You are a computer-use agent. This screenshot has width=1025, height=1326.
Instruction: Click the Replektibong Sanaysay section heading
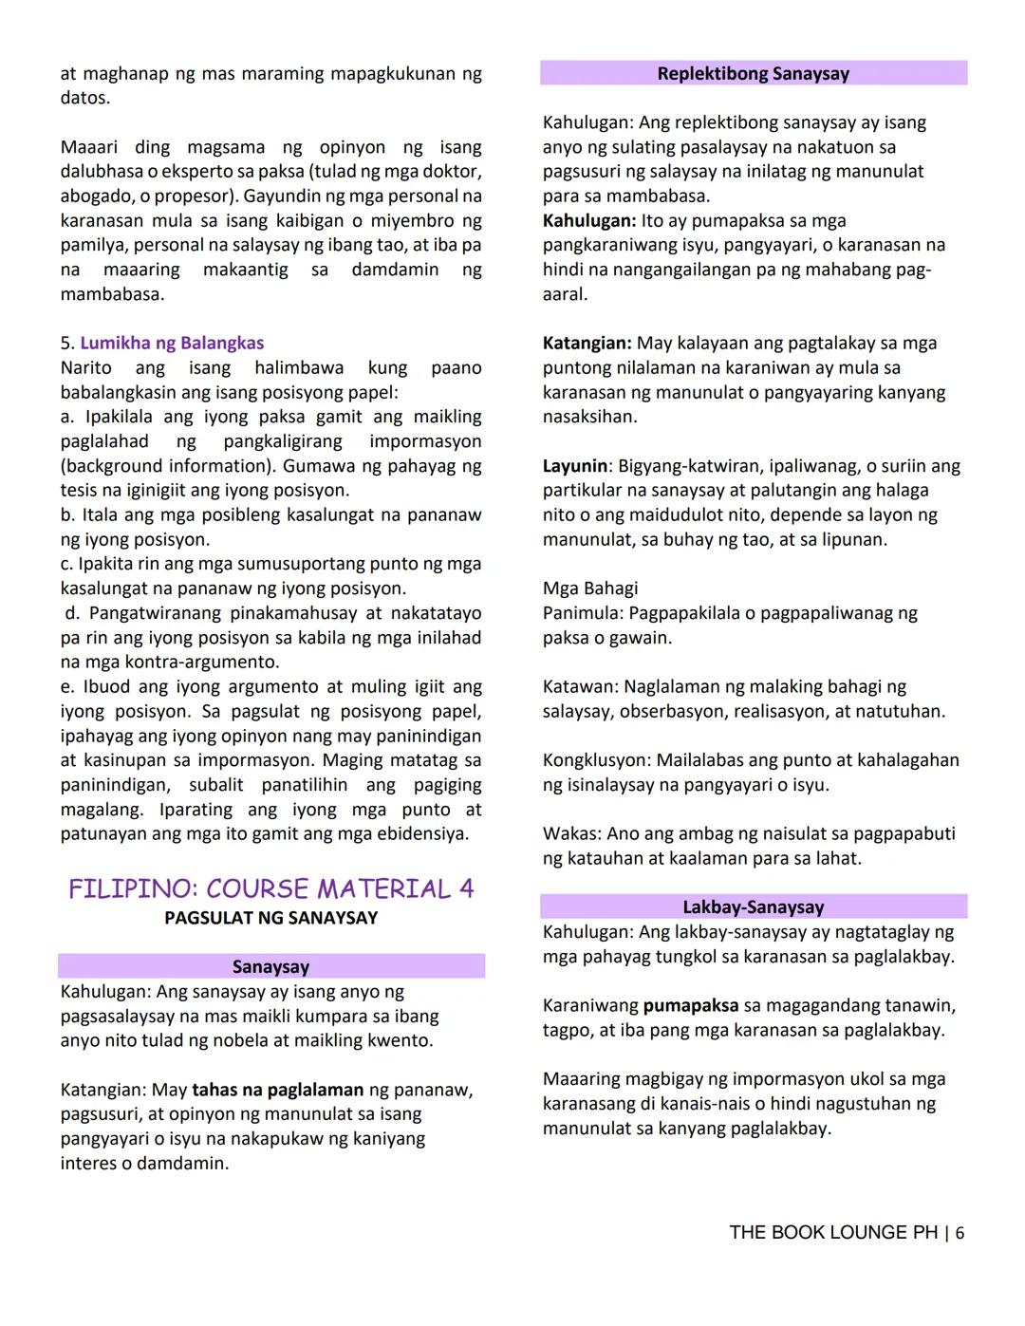click(753, 74)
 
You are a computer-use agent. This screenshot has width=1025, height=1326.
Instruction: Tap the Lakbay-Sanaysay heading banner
click(753, 907)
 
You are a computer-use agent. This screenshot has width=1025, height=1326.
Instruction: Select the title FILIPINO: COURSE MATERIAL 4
click(270, 889)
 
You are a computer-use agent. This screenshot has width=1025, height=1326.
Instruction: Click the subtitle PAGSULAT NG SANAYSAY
click(270, 918)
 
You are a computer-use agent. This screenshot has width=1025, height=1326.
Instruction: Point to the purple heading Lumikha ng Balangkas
click(172, 343)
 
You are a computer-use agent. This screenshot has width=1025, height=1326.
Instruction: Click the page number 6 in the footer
click(960, 1233)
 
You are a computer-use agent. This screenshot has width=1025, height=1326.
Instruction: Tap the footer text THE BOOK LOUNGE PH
click(832, 1233)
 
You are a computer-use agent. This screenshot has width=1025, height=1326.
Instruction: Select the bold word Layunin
click(575, 466)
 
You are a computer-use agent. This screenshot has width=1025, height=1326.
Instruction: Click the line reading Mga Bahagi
click(590, 588)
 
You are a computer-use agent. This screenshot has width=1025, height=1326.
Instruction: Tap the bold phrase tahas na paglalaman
click(277, 1090)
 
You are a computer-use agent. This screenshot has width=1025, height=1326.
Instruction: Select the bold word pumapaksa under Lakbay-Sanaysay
click(690, 1005)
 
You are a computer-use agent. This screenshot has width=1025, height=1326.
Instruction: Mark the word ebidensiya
click(419, 833)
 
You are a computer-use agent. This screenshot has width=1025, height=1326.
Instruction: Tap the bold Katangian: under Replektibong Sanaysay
click(587, 343)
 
